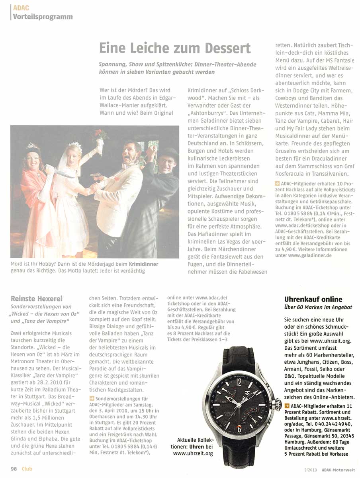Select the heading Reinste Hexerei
pos(36,298)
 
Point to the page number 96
pos(14,468)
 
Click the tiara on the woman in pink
pos(32,146)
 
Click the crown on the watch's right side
pos(275,406)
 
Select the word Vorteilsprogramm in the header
pos(43,16)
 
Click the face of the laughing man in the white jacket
pos(133,149)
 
